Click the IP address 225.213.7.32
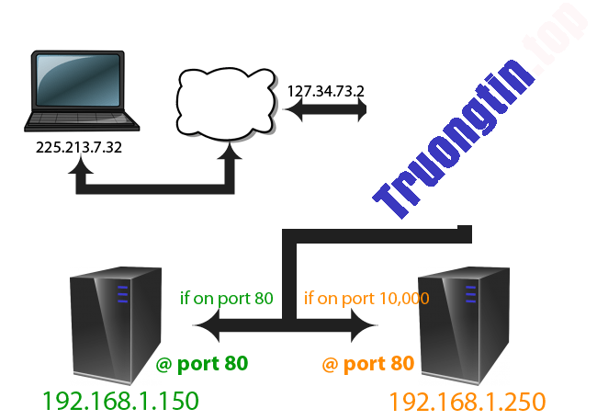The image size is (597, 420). [81, 146]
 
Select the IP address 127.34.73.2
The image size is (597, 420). [326, 91]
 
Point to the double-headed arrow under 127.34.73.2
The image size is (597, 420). [326, 111]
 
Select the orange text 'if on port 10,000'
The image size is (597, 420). [366, 299]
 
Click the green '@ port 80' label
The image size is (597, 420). [202, 364]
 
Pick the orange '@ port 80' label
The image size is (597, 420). [367, 364]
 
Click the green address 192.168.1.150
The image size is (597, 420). [119, 401]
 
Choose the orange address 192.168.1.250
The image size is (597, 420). [467, 401]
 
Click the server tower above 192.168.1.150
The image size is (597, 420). [118, 323]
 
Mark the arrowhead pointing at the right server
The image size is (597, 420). [367, 324]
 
